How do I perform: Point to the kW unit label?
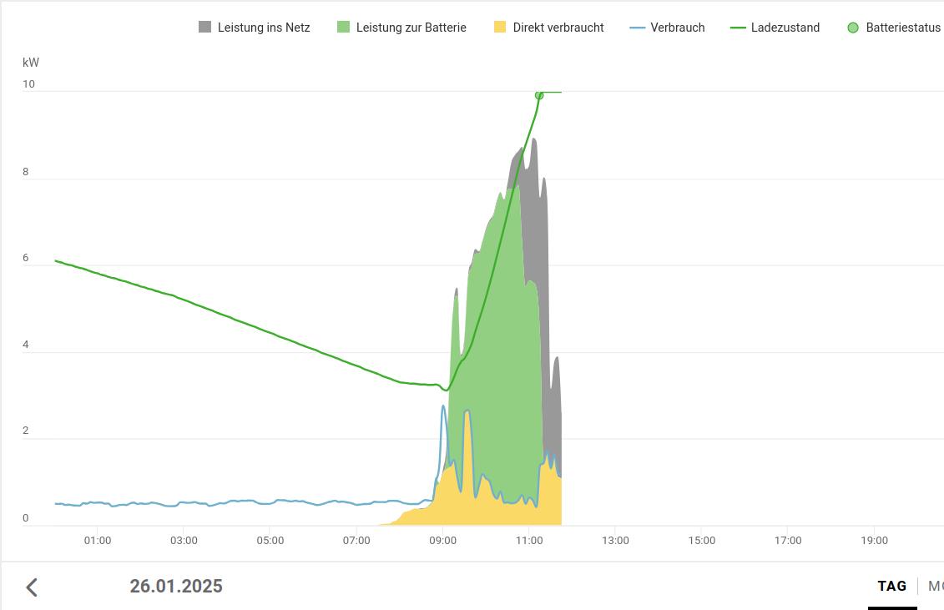point(31,63)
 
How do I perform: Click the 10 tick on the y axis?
point(28,84)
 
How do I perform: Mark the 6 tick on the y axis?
point(26,258)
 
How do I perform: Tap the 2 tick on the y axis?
point(26,431)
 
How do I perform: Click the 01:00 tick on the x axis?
point(98,541)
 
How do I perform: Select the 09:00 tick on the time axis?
point(442,541)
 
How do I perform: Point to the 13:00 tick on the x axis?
point(615,541)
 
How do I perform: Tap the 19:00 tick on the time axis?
point(874,541)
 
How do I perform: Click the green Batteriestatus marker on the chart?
point(539,95)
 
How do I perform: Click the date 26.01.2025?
point(176,586)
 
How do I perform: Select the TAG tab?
point(891,586)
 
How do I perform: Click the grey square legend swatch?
point(205,28)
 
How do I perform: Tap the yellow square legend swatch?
point(500,28)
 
